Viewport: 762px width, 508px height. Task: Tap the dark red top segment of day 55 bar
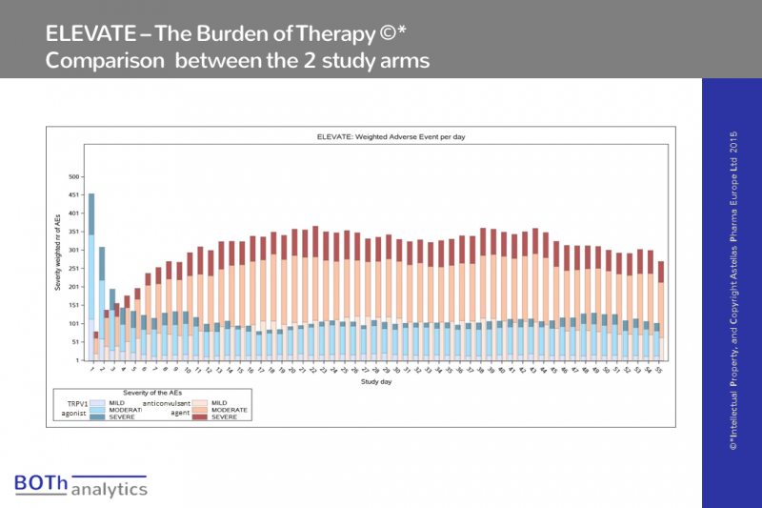pyautogui.click(x=660, y=272)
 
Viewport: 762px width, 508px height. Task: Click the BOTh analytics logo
pyautogui.click(x=81, y=485)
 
